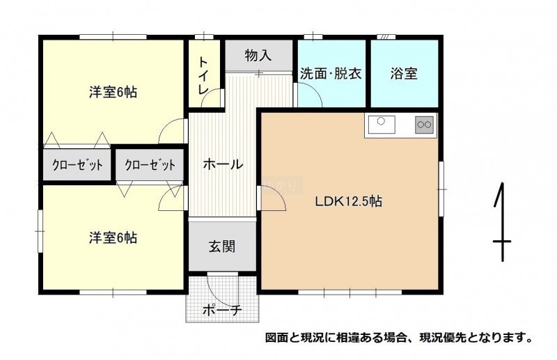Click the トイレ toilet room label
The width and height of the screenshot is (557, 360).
[x=203, y=76]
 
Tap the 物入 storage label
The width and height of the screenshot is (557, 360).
[x=258, y=56]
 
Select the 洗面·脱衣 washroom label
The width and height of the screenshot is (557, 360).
[x=331, y=74]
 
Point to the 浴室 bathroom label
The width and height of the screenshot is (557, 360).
[x=404, y=74]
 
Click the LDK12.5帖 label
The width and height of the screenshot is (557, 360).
[x=349, y=201]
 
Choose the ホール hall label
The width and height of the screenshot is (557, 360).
[x=223, y=164]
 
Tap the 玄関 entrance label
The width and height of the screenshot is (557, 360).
[x=222, y=246]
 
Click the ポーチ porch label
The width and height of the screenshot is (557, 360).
[x=222, y=311]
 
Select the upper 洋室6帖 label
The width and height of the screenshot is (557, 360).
[x=113, y=93]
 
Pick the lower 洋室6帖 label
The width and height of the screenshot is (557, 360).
[x=113, y=237]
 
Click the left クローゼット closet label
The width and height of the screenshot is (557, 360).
[x=78, y=165]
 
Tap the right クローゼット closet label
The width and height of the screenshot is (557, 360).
[x=150, y=165]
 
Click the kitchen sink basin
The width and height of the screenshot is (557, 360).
[x=382, y=125]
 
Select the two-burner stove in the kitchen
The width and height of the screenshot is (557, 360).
[x=424, y=125]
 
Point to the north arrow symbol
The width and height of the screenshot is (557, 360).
[x=501, y=222]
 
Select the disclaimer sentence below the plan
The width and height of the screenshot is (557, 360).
[x=399, y=337]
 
